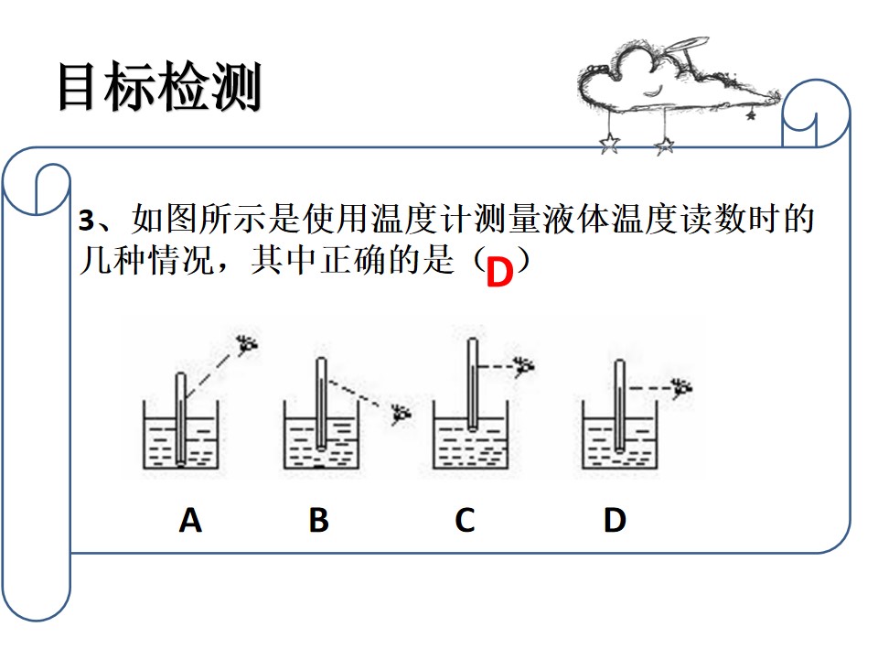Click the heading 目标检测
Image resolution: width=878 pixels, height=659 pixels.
coord(159,86)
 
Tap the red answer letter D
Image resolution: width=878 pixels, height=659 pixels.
coord(499,273)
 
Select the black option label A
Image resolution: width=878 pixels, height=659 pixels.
coord(190,520)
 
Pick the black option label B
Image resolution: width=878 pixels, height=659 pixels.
coord(318,520)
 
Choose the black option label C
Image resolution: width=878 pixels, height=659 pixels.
coord(465,520)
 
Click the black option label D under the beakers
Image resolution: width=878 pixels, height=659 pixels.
coord(615,520)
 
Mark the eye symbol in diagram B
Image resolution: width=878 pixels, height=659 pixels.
coord(401,414)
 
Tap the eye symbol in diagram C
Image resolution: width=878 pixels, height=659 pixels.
coord(524,366)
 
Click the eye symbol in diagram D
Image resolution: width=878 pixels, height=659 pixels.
coord(682,387)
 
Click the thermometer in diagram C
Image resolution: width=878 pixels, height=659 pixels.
coord(473,384)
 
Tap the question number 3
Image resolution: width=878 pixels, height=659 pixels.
coord(86,221)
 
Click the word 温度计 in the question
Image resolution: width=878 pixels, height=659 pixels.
coord(423,219)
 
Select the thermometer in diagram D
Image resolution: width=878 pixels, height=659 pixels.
coord(619,405)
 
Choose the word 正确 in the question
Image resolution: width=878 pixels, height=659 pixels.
coord(354,260)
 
